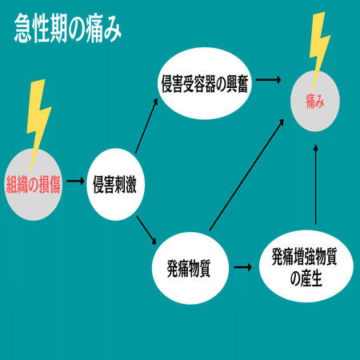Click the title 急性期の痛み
(68, 29)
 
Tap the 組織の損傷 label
(34, 184)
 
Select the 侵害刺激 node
(115, 184)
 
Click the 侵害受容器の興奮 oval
(205, 83)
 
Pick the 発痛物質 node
(190, 268)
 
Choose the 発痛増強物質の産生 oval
(306, 266)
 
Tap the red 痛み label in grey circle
(315, 102)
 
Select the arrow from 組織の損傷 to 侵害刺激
(75, 182)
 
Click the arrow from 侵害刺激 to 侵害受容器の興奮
(146, 126)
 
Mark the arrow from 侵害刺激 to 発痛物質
(146, 230)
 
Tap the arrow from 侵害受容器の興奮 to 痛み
(268, 79)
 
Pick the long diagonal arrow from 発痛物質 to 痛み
(246, 175)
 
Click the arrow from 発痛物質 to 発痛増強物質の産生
(243, 267)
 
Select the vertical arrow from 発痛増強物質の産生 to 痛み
(316, 185)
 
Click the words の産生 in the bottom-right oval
(306, 278)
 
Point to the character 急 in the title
(23, 29)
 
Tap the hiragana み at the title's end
(112, 30)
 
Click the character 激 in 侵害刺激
(131, 184)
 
